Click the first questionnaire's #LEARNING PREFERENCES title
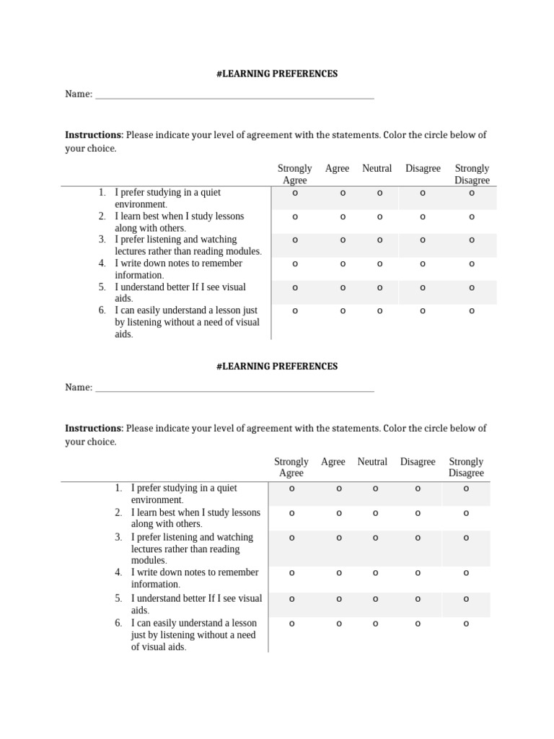[x=277, y=74]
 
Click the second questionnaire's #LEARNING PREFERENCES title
[x=277, y=366]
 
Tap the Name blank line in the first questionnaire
[x=234, y=96]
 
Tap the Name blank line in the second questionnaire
[x=234, y=389]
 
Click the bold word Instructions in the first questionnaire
[x=94, y=135]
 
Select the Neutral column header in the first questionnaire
[x=377, y=168]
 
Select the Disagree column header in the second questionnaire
[x=418, y=462]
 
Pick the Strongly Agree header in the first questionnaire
[x=294, y=174]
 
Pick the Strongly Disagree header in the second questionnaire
[x=466, y=467]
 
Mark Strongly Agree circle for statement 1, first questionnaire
[x=295, y=193]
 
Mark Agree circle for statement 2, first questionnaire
[x=343, y=217]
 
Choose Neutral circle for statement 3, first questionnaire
[x=379, y=240]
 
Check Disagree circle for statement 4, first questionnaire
[x=423, y=263]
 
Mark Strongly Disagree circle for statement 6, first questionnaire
[x=472, y=311]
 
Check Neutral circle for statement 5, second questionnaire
[x=375, y=599]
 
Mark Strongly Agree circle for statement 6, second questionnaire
[x=292, y=624]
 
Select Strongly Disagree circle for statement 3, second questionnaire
[x=466, y=538]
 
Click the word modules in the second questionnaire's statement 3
[x=148, y=561]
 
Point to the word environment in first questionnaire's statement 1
[x=138, y=204]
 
